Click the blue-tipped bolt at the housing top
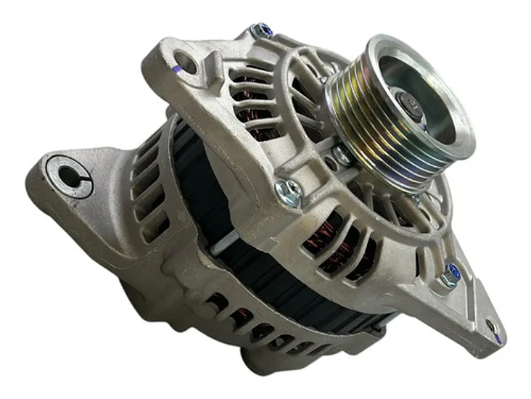click(262, 30)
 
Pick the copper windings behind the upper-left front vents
click(250, 102)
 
